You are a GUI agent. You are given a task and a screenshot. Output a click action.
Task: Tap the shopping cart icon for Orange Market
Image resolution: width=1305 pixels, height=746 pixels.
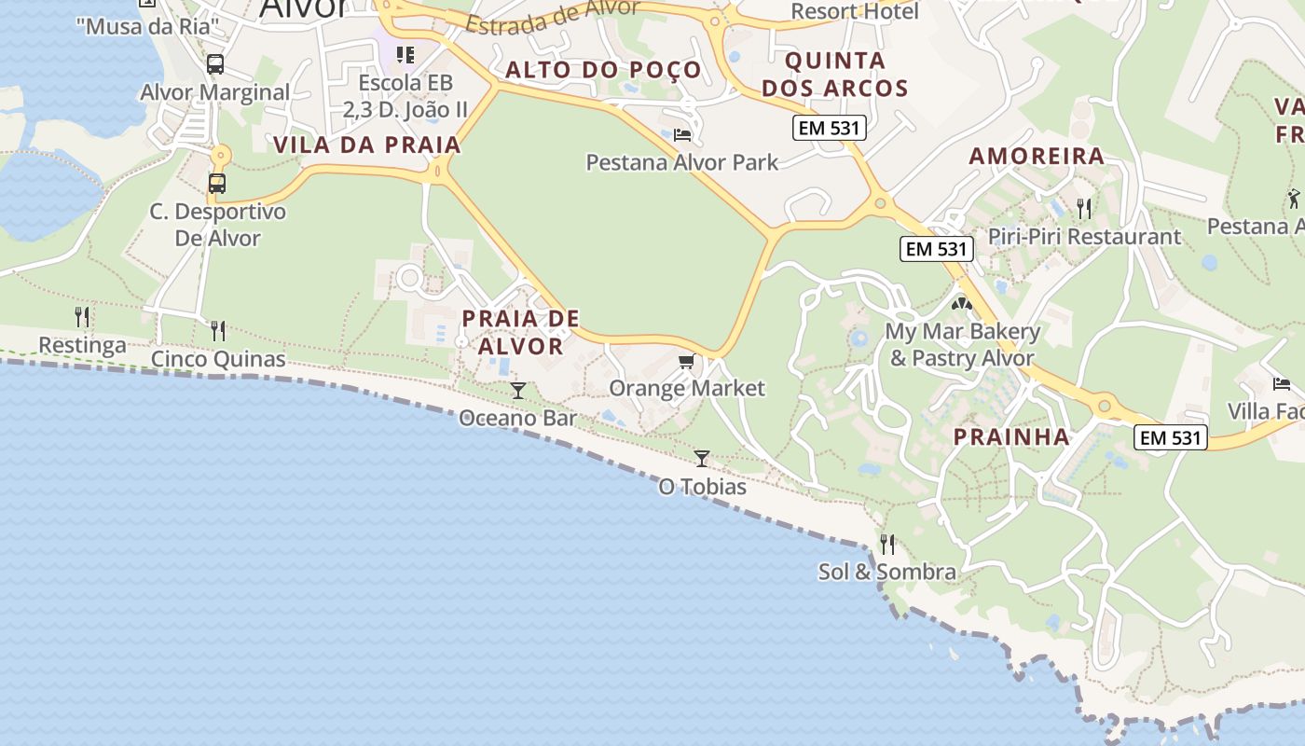click(687, 362)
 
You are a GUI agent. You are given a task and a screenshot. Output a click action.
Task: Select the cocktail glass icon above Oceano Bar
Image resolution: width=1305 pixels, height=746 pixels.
click(518, 390)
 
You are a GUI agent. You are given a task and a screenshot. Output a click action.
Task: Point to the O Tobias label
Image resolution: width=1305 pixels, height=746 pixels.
click(702, 487)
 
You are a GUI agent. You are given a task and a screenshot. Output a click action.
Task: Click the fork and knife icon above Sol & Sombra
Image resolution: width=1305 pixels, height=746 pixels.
click(887, 543)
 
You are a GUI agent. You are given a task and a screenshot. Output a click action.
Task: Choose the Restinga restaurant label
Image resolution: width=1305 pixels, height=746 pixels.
click(82, 345)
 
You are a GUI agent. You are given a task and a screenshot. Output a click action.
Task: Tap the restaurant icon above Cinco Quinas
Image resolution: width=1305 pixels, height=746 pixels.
click(218, 330)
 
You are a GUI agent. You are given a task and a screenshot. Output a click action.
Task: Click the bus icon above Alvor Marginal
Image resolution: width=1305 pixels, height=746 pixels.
click(215, 64)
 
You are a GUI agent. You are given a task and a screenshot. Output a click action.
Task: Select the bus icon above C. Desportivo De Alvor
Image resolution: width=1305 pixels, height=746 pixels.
click(217, 184)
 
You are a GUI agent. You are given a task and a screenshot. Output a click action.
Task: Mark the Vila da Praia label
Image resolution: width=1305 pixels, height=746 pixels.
click(367, 145)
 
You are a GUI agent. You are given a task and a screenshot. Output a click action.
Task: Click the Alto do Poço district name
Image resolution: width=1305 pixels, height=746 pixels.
click(603, 70)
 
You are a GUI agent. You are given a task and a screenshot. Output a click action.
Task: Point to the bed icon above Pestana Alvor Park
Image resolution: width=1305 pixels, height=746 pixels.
click(682, 135)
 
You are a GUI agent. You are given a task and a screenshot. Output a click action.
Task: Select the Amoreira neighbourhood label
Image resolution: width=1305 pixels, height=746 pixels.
click(1037, 156)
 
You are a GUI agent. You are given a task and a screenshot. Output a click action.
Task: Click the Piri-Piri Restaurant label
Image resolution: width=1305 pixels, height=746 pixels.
click(1084, 236)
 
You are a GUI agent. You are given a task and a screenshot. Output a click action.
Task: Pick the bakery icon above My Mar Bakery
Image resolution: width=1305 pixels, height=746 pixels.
click(961, 303)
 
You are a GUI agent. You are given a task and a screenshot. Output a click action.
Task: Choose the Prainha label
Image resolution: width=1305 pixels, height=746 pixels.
click(1011, 436)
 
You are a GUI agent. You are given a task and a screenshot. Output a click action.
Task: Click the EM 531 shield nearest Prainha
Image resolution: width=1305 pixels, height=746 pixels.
click(1171, 436)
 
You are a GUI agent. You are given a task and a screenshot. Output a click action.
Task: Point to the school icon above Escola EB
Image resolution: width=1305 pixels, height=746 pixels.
click(405, 55)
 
